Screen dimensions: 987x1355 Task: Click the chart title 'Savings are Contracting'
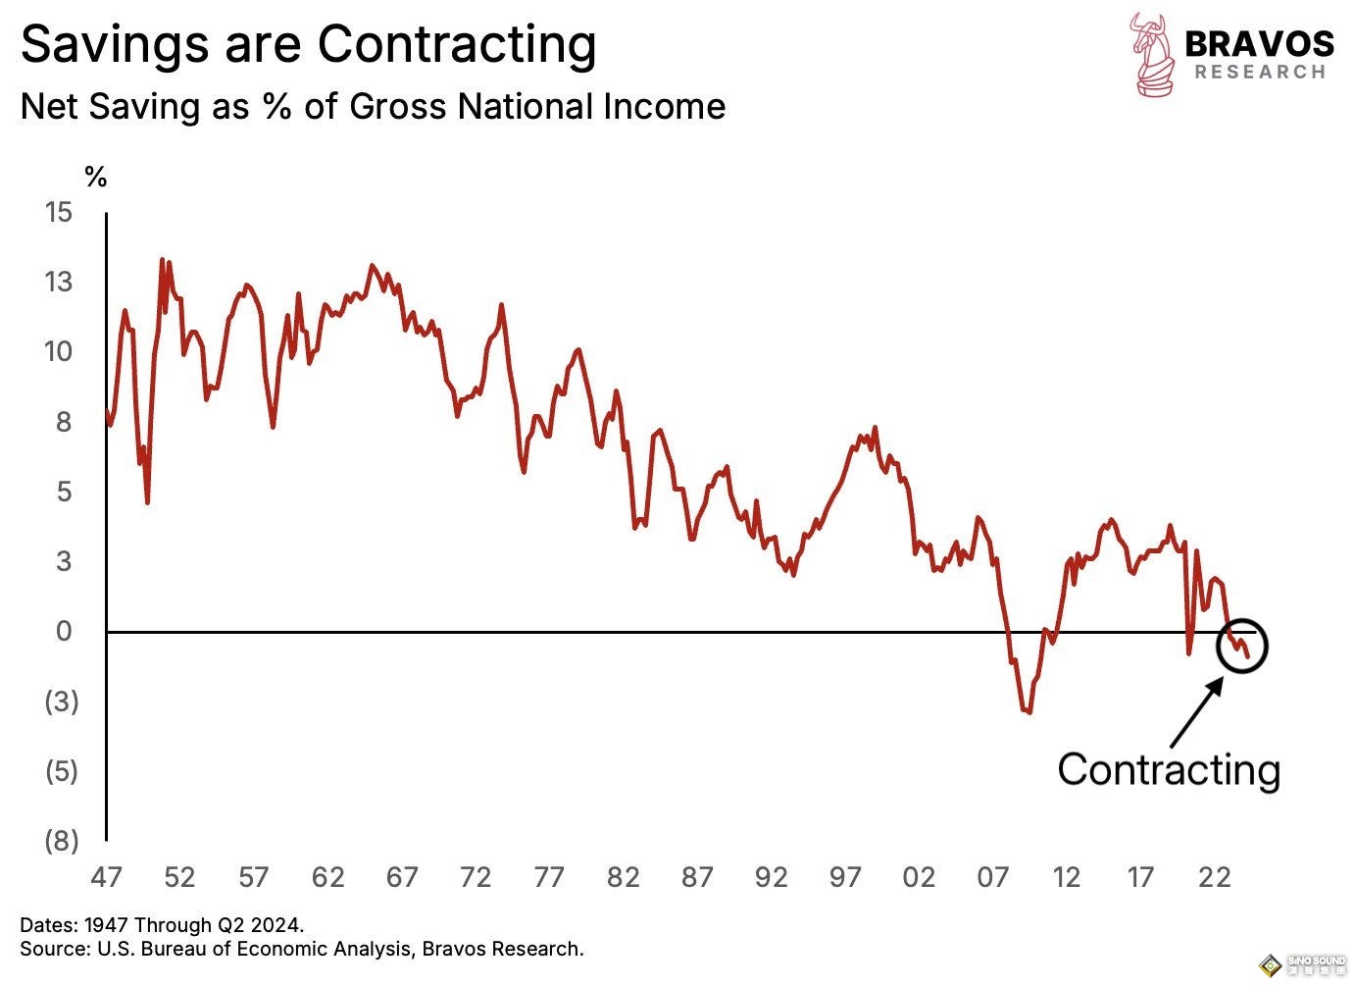[308, 45]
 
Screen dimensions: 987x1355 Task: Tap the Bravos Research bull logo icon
[1152, 54]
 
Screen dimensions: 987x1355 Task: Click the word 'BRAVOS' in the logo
[1259, 44]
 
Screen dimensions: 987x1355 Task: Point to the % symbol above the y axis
[95, 178]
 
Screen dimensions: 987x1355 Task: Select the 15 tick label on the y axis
[59, 212]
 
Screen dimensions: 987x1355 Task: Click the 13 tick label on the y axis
[59, 283]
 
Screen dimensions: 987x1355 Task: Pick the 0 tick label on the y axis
[64, 632]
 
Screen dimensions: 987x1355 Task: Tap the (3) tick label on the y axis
[61, 701]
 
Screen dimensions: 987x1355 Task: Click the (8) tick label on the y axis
[61, 841]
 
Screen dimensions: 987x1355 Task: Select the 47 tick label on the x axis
[106, 877]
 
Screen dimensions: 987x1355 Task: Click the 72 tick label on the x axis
[476, 877]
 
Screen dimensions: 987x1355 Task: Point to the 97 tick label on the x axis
[845, 877]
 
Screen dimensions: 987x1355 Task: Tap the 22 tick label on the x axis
[1214, 877]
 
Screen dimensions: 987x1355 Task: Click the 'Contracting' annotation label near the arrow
[1169, 770]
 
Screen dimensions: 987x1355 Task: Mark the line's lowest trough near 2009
[1027, 711]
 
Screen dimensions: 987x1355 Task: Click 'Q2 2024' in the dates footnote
[267, 925]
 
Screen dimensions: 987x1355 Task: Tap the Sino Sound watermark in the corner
[1303, 965]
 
